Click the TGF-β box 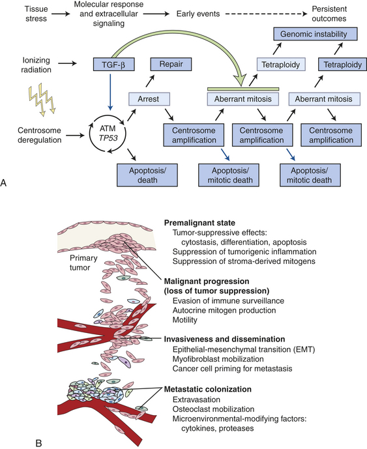tap(113, 65)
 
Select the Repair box tap(171, 65)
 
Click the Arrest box tap(149, 99)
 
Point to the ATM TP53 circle tap(108, 134)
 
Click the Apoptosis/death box tap(147, 175)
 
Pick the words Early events tap(198, 14)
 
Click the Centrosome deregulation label tap(40, 135)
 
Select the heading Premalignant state tap(199, 223)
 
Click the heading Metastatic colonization tap(208, 389)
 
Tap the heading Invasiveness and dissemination tap(224, 339)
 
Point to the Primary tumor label tap(83, 263)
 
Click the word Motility tap(184, 320)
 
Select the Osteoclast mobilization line tap(213, 409)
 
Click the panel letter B tap(38, 444)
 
